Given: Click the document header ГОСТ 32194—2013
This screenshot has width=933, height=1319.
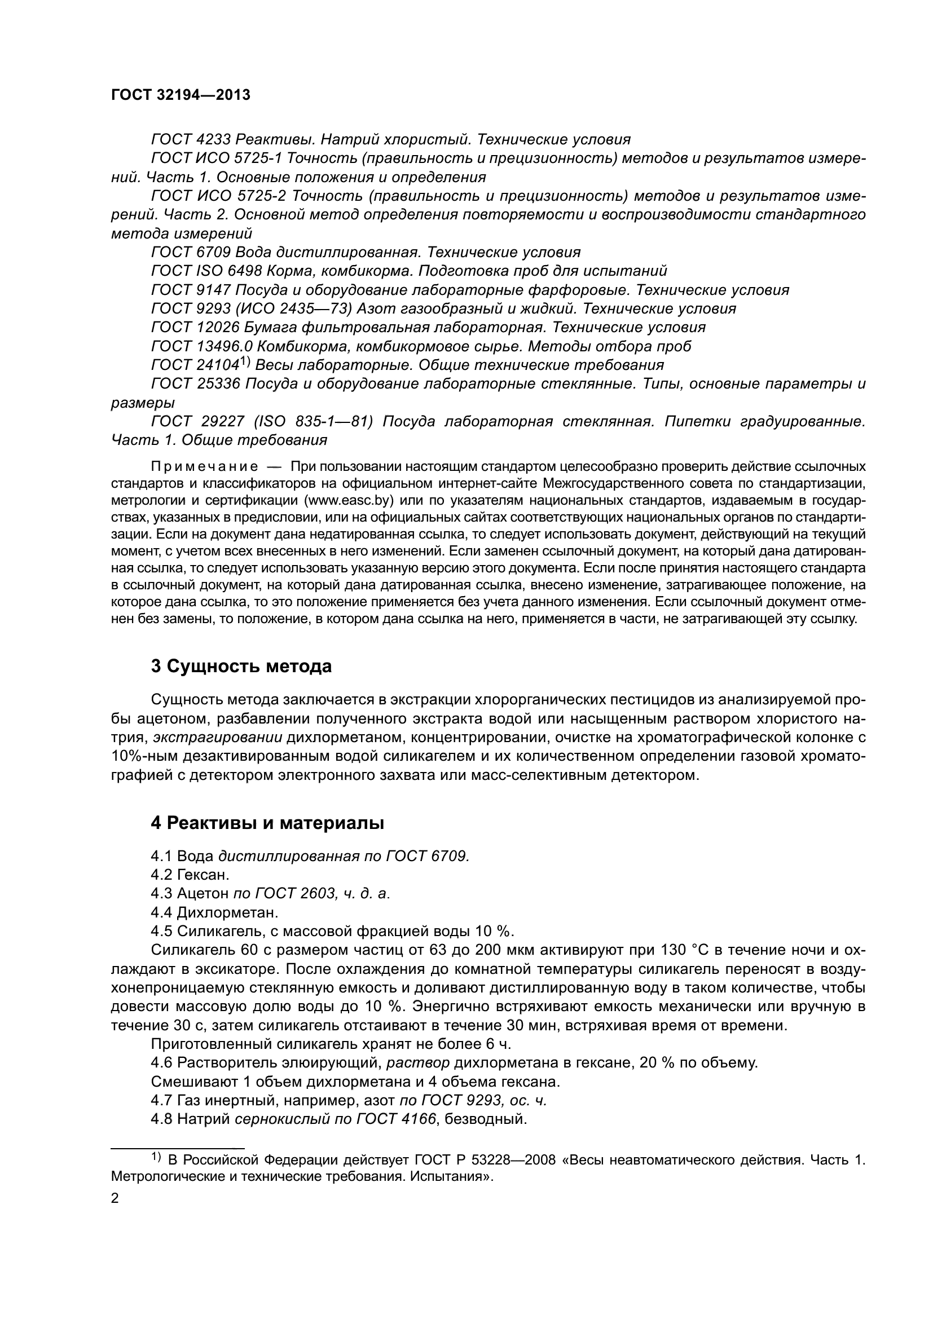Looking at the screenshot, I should [x=181, y=95].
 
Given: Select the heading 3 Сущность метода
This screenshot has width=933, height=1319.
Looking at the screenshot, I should [x=241, y=667].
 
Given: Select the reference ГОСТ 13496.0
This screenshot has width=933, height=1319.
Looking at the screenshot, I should [x=201, y=346].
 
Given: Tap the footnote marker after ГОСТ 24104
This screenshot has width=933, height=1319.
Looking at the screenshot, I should [x=245, y=361].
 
